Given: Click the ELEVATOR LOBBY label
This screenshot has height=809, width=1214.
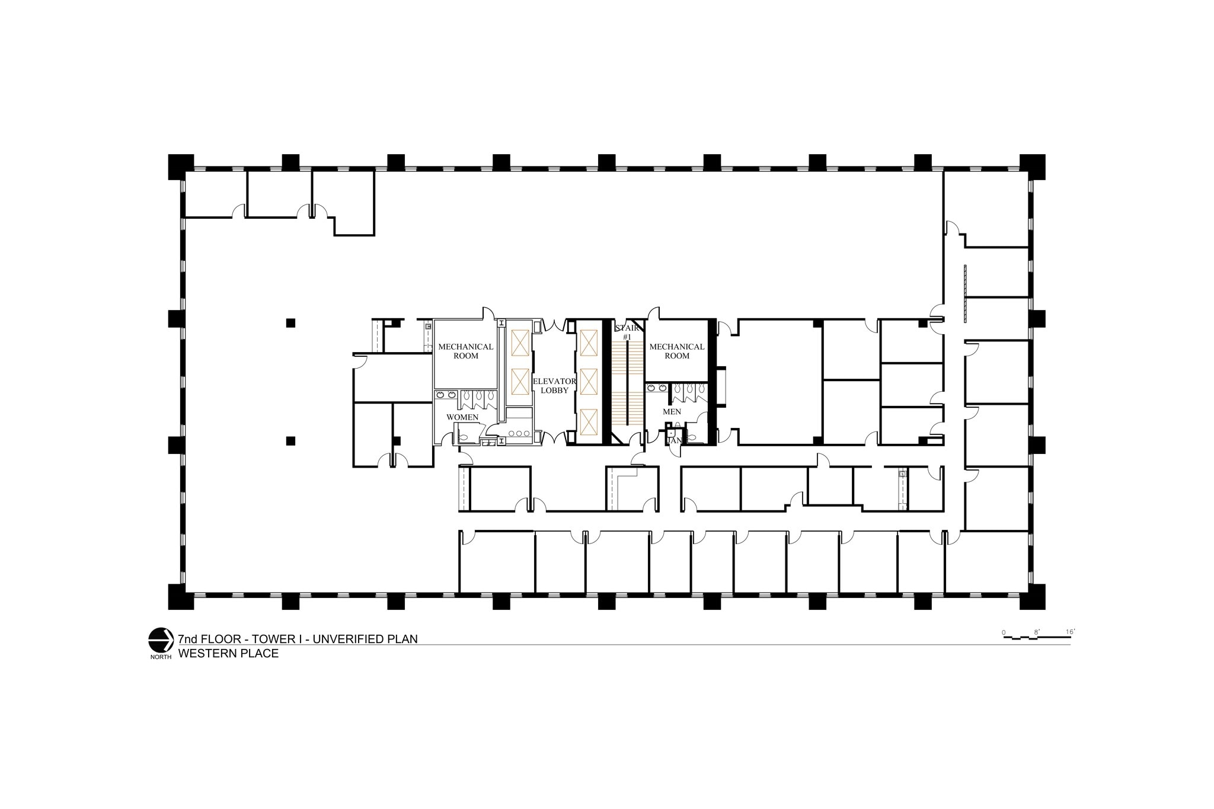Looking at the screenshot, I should (x=554, y=385).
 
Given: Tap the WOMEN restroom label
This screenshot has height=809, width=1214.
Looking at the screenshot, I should (x=462, y=417).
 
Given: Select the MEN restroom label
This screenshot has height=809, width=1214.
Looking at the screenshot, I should (x=672, y=411).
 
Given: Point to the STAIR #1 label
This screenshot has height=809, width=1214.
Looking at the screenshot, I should (x=627, y=332).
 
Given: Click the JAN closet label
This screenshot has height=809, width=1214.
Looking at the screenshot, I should (x=675, y=441).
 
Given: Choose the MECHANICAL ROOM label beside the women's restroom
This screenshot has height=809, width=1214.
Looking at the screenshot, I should (x=465, y=351).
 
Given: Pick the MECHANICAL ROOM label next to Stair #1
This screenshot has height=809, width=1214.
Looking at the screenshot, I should (x=676, y=351).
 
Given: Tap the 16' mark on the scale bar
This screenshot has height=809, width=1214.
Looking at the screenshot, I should (x=1069, y=632).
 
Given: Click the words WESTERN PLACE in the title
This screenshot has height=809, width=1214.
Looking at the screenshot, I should (x=228, y=654).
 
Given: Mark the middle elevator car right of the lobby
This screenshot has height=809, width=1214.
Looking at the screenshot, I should (x=588, y=382).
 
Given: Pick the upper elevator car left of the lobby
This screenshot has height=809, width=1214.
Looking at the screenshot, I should (x=519, y=343).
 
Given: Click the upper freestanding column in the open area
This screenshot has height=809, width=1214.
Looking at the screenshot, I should (x=290, y=323).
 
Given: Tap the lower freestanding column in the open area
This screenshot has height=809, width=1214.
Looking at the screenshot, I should (x=290, y=440).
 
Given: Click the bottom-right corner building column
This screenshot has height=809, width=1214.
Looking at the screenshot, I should (x=1032, y=597).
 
